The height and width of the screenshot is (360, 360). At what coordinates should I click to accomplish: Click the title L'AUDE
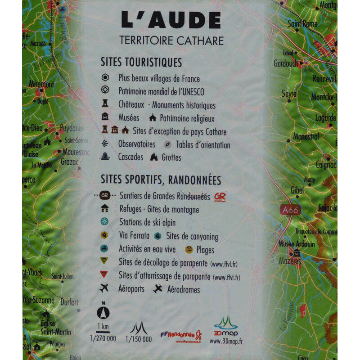(x=171, y=20)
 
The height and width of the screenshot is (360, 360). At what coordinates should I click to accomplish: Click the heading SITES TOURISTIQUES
(x=141, y=62)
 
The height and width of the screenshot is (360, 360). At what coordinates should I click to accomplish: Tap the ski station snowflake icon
(x=105, y=222)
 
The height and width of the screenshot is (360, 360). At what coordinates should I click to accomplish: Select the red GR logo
(x=220, y=197)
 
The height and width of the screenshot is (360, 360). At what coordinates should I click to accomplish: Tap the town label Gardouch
(x=286, y=63)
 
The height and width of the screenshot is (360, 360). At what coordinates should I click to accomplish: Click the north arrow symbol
(x=103, y=312)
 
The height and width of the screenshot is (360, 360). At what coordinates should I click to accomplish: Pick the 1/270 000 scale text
(x=103, y=339)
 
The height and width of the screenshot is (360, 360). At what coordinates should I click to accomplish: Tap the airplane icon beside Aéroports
(x=105, y=288)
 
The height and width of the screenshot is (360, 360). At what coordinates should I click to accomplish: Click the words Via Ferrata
(x=134, y=236)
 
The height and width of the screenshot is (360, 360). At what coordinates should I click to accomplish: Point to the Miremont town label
(x=41, y=84)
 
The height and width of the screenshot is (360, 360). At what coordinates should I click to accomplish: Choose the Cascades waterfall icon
(x=105, y=157)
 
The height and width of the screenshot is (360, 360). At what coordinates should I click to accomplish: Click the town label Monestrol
(x=306, y=136)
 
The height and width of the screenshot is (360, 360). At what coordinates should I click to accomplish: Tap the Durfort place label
(x=69, y=302)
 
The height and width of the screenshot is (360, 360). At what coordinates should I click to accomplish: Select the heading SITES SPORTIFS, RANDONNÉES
(x=161, y=180)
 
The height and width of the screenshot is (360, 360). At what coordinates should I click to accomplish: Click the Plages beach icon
(x=189, y=249)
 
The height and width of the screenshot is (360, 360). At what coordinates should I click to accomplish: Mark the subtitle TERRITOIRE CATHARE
(x=171, y=40)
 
